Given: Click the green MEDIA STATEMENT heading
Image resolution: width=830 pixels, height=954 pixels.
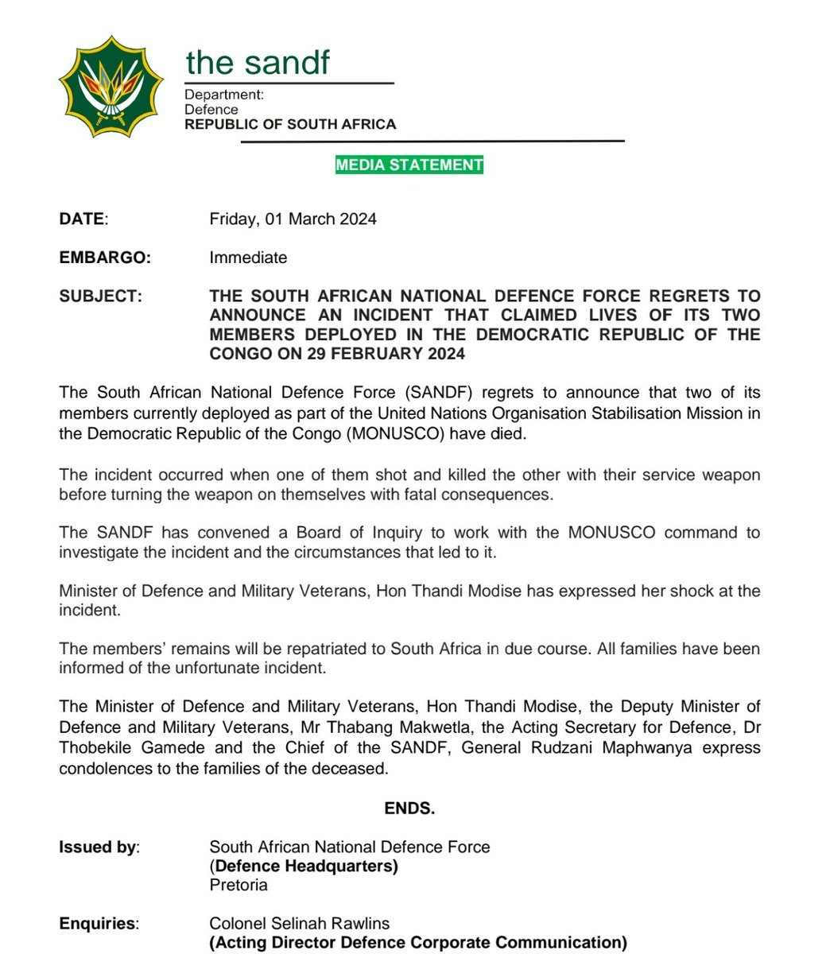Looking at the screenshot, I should pos(409,165).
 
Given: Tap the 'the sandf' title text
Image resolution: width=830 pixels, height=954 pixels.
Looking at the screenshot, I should pos(258,62).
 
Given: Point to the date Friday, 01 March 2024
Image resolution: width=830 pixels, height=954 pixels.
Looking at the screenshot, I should pos(293,219).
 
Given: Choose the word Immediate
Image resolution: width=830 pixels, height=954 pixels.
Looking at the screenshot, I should pos(248,258).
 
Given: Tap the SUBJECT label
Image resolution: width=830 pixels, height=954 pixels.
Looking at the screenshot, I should pos(101,297).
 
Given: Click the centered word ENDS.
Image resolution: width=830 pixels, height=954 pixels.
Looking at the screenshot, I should pos(409,809).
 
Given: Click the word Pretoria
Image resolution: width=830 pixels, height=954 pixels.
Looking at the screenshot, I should pos(239,885).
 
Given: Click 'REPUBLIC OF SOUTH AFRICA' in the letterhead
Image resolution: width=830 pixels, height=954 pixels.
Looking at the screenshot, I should pos(290,124).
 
